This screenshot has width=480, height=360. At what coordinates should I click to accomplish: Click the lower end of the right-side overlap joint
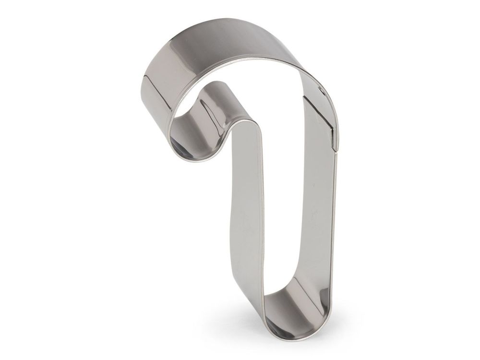point(334,144)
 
